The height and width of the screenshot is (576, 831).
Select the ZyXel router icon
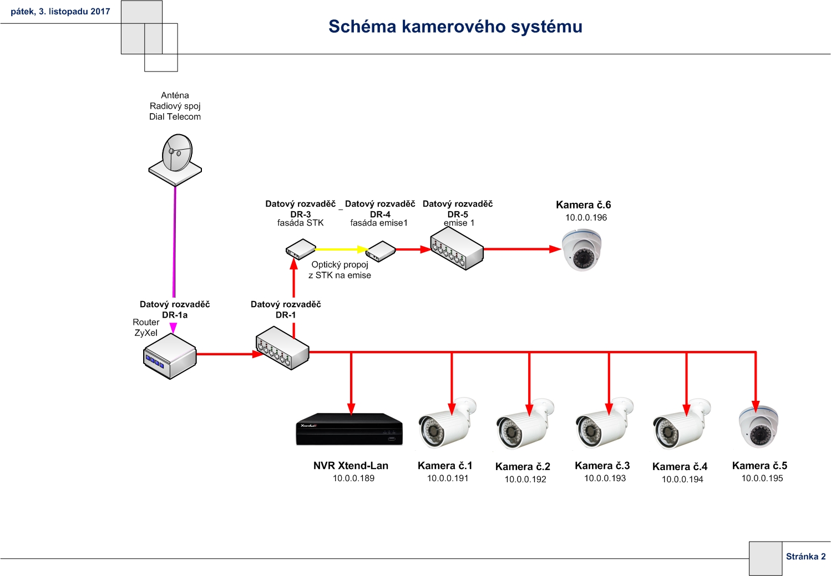point(170,357)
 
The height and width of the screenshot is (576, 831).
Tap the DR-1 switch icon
point(282,348)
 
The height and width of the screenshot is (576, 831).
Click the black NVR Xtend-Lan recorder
point(349,429)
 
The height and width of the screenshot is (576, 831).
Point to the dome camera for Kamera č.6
point(581,250)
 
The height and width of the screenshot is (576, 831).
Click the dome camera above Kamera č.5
point(758,427)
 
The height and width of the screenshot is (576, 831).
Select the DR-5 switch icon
point(457,248)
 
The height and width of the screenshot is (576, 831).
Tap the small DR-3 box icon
point(301,249)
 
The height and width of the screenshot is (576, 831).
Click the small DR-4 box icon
point(381,251)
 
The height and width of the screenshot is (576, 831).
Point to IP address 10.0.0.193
point(605,478)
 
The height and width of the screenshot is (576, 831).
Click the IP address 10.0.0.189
point(353,478)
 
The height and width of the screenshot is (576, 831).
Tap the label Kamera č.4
point(680,466)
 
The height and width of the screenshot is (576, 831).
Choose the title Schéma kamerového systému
point(455,27)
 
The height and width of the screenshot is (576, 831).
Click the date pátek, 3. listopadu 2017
point(60,12)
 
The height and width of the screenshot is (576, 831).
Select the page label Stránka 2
point(805,556)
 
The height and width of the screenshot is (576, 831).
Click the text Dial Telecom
point(175,116)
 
